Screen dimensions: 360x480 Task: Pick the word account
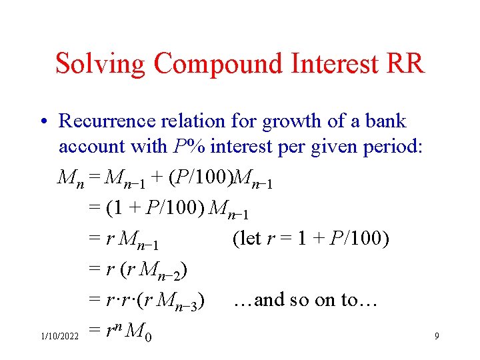[91, 146]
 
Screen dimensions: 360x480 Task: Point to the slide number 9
[436, 337]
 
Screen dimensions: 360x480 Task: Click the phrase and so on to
[305, 300]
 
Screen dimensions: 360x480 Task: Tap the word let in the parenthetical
[250, 238]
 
